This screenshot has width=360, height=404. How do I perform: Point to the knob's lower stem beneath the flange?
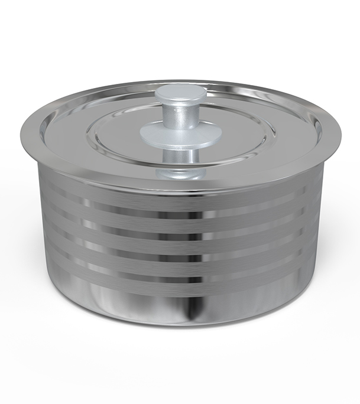(x=180, y=157)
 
